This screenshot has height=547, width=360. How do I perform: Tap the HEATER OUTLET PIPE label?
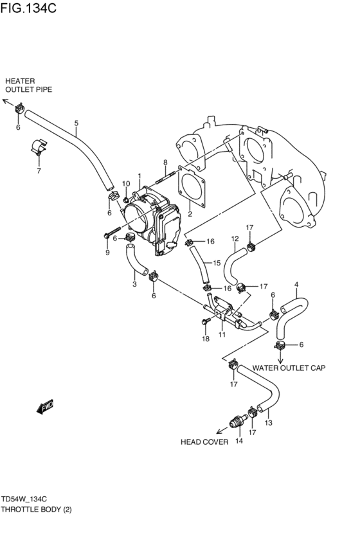click(x=28, y=85)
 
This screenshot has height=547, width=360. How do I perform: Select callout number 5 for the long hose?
click(x=76, y=123)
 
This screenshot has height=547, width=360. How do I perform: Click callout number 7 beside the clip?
click(x=39, y=171)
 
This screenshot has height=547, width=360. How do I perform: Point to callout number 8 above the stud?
click(x=165, y=162)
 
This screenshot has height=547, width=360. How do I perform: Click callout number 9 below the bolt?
click(x=107, y=253)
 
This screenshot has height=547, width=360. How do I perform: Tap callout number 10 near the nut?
click(x=126, y=184)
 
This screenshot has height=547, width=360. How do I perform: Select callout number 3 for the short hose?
click(x=134, y=284)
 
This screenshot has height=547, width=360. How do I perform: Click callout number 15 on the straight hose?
click(x=217, y=262)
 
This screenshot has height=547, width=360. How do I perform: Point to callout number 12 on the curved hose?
click(x=235, y=239)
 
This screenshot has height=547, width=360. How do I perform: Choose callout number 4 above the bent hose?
click(x=296, y=285)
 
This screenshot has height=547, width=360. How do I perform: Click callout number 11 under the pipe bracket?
click(x=222, y=335)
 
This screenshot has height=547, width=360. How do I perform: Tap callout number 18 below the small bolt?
click(x=206, y=339)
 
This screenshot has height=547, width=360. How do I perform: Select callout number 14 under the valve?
click(x=239, y=441)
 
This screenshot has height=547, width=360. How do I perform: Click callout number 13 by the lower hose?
click(x=269, y=422)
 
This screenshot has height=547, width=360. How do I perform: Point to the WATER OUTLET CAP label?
click(x=289, y=368)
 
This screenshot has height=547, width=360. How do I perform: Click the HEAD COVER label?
click(x=204, y=442)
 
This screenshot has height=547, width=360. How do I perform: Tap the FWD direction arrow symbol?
click(x=47, y=406)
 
